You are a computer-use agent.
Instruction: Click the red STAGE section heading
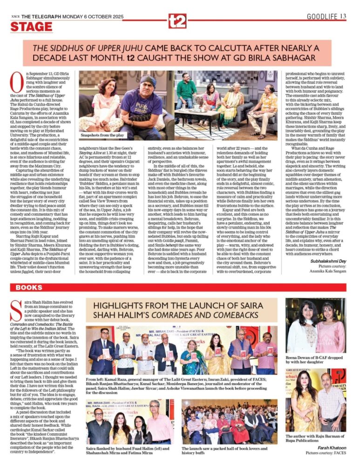[x=31, y=27]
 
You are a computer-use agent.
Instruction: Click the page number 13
[x=343, y=17]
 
